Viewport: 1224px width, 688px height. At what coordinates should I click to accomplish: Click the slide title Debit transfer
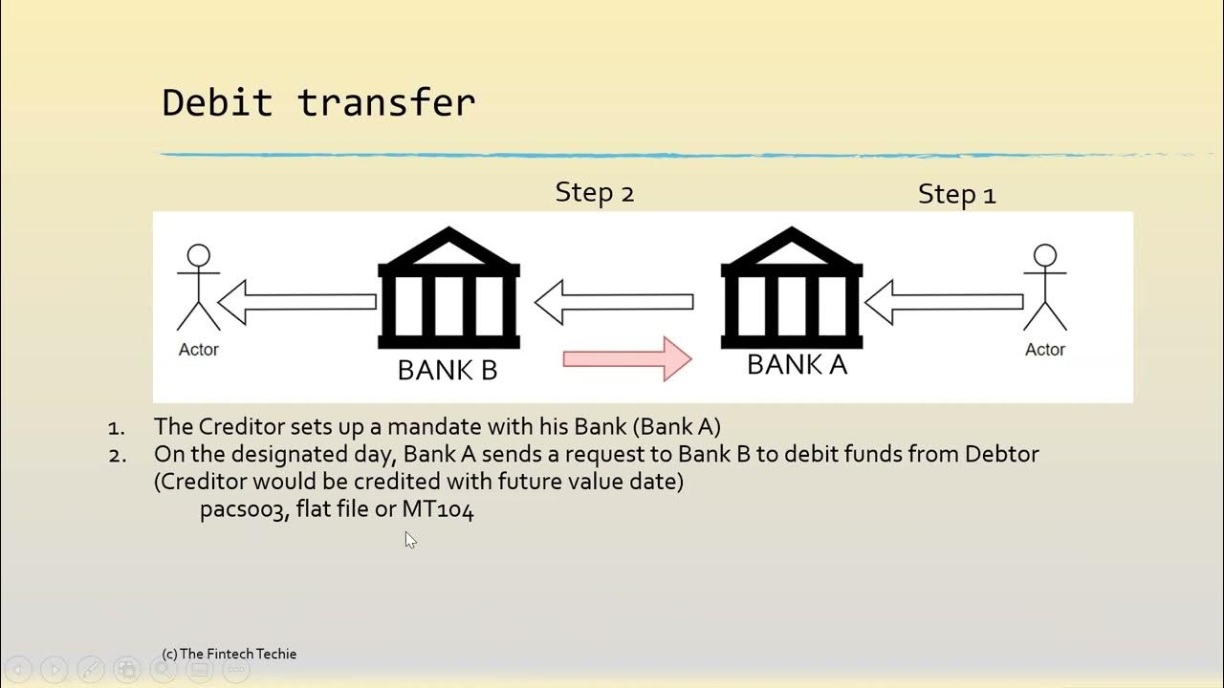pyautogui.click(x=318, y=103)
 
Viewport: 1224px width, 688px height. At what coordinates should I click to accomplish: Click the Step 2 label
pyautogui.click(x=594, y=192)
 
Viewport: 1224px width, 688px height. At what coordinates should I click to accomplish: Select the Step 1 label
pyautogui.click(x=956, y=194)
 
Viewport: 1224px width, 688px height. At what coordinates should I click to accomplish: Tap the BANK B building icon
pyautogui.click(x=448, y=290)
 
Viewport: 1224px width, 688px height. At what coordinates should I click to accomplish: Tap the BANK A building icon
pyautogui.click(x=791, y=288)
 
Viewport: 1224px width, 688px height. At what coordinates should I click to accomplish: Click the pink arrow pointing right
pyautogui.click(x=627, y=359)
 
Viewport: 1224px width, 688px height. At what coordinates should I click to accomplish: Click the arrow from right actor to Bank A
pyautogui.click(x=944, y=302)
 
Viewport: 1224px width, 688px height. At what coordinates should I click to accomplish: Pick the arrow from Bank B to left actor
pyautogui.click(x=297, y=302)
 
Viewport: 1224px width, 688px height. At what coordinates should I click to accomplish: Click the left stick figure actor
pyautogui.click(x=198, y=288)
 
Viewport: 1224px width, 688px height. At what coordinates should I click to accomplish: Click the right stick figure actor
pyautogui.click(x=1044, y=288)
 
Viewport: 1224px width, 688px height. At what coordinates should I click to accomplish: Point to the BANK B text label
pyautogui.click(x=448, y=371)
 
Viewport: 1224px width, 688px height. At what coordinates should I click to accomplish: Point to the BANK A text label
pyautogui.click(x=797, y=365)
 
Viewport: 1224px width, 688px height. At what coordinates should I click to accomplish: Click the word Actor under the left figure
pyautogui.click(x=198, y=350)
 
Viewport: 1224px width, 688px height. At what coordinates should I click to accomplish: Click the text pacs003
pyautogui.click(x=243, y=510)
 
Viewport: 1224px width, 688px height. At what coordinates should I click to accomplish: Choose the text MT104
pyautogui.click(x=437, y=510)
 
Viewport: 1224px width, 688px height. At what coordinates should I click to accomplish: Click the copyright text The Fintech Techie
pyautogui.click(x=229, y=654)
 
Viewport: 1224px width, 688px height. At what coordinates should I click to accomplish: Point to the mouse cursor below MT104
pyautogui.click(x=409, y=539)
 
